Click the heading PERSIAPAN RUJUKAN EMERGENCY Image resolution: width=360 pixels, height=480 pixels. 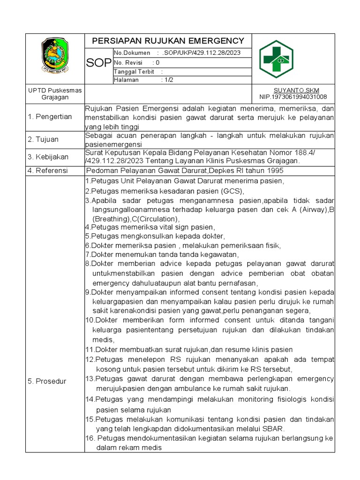(168, 40)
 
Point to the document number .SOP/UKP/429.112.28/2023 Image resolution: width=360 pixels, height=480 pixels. (201, 52)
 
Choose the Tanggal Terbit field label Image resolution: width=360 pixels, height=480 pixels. (131, 71)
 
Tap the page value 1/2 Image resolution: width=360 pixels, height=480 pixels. (166, 80)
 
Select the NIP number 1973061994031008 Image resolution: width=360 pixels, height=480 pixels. (293, 97)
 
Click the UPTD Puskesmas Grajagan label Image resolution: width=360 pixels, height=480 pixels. (55, 94)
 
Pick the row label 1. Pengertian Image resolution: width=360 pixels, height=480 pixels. (50, 117)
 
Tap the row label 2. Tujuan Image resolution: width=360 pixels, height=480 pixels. (43, 140)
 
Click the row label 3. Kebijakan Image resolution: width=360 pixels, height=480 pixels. (48, 157)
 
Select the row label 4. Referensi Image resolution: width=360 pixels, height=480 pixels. (48, 171)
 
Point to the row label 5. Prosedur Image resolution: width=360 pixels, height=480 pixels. (47, 381)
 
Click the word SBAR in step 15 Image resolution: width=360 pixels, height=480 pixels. (275, 428)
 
